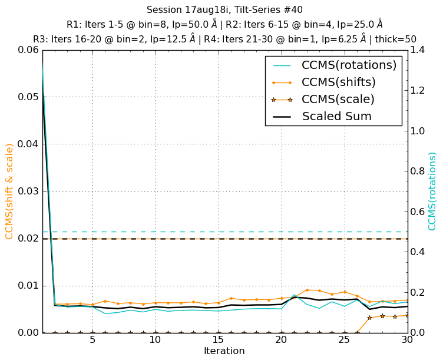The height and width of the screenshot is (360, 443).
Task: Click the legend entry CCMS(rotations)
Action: coord(349,65)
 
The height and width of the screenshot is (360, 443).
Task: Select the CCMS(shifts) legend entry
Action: coord(338,82)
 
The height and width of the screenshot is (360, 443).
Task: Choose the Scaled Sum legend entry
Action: coord(336,116)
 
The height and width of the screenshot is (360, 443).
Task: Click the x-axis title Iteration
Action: coord(224,351)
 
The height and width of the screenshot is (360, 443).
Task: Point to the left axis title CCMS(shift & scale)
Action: coord(9,191)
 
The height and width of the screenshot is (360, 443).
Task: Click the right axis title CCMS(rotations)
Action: coord(433,191)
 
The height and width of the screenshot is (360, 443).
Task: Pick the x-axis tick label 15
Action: coord(218,341)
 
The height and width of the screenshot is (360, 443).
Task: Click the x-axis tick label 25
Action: coord(344,341)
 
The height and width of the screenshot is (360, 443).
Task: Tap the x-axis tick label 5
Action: coord(92,341)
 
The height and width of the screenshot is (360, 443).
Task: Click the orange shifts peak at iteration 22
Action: coord(307,290)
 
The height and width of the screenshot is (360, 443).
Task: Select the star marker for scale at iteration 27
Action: coord(369,318)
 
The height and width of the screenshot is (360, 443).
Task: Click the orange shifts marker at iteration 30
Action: coord(407,299)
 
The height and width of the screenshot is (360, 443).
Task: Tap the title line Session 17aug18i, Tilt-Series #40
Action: coord(224,9)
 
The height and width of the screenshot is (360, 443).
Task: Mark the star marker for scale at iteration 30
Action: coord(407,316)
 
